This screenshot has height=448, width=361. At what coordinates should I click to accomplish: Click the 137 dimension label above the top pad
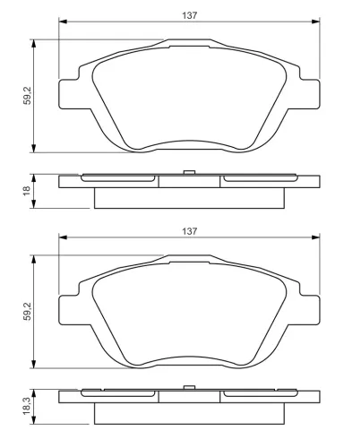[190, 15]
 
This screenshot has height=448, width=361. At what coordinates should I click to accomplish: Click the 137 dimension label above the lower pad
[190, 231]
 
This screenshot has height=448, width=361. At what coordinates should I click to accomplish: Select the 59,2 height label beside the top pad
[28, 96]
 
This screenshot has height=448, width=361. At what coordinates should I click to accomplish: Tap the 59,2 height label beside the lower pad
[28, 312]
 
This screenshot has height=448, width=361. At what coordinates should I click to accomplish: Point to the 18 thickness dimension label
[27, 191]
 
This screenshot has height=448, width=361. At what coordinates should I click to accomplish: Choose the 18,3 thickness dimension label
[27, 406]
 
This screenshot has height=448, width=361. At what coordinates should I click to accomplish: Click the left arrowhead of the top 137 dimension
[63, 22]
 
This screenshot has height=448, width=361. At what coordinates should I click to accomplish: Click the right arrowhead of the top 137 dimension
[315, 22]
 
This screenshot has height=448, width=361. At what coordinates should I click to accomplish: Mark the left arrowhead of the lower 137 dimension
[63, 237]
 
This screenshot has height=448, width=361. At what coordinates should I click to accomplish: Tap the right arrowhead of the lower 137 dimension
[315, 237]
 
